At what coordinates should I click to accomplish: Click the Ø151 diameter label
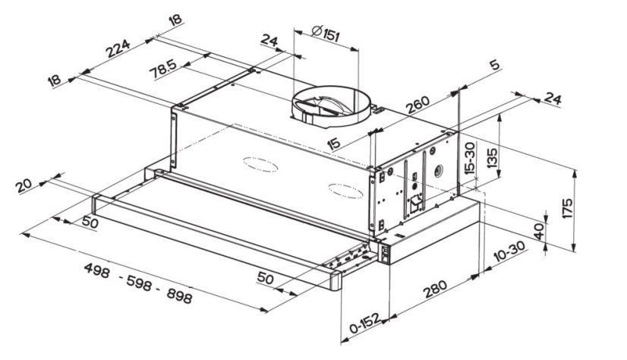click(326, 33)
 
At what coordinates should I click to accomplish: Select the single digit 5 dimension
click(494, 65)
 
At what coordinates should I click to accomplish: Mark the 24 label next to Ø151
click(268, 39)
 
